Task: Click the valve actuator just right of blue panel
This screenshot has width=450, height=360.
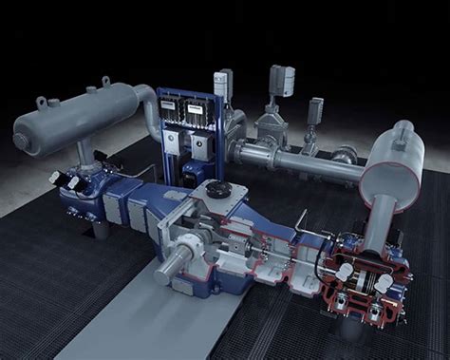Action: coord(222,83)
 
